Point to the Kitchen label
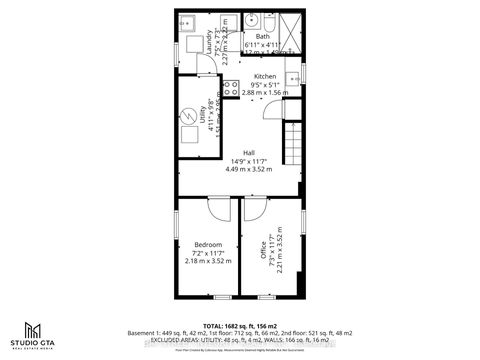coord(265,76)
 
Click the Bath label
coord(263,37)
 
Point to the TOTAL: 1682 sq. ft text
coord(239,324)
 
